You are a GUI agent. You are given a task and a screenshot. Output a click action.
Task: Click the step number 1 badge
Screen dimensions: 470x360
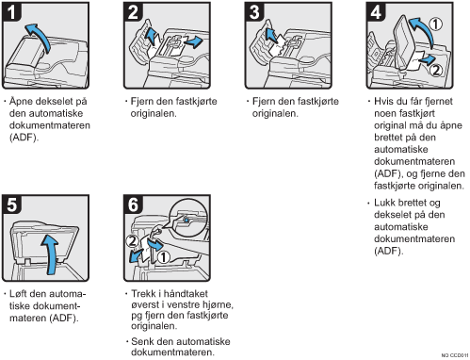point(11,11)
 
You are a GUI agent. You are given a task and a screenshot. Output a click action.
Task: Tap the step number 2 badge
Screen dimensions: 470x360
point(133,11)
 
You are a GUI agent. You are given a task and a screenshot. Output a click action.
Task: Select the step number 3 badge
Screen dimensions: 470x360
point(254,11)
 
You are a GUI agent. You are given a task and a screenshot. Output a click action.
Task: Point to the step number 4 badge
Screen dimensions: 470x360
point(376,11)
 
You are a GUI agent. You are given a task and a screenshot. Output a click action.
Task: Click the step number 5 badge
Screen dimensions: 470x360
point(11,205)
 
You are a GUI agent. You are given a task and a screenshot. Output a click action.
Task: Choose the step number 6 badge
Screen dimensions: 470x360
point(133,205)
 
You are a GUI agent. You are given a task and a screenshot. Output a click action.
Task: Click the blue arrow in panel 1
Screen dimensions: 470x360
point(41,36)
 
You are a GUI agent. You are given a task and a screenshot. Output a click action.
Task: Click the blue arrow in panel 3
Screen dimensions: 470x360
point(270,35)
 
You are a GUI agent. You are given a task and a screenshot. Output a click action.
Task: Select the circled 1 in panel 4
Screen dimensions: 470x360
point(436,25)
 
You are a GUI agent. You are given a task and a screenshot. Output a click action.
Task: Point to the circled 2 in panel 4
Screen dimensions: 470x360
point(436,70)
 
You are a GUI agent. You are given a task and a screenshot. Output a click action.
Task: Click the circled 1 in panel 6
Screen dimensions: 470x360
point(163,257)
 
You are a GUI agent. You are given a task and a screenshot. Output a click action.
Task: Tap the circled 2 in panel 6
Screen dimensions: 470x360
point(132,241)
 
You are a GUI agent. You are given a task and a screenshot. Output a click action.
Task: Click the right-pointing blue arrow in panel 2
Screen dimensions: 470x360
point(194,41)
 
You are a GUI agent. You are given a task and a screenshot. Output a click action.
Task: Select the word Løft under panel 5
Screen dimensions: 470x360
point(19,294)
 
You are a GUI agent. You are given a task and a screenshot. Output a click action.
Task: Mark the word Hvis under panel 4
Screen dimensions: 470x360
point(384,101)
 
